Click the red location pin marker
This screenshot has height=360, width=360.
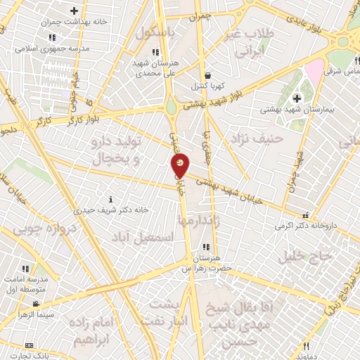[181, 165]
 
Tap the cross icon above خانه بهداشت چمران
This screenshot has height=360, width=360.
[75, 11]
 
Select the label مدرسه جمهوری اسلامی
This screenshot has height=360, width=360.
[53, 49]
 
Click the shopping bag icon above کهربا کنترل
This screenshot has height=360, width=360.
[207, 75]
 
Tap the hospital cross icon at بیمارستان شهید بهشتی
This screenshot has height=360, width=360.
[296, 96]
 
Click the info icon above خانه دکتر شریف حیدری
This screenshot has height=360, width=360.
[108, 199]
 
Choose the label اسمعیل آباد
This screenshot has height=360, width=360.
[146, 238]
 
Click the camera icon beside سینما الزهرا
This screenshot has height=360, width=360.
[35, 304]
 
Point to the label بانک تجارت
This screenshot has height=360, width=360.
[29, 356]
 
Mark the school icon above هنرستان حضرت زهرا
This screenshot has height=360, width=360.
[206, 247]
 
